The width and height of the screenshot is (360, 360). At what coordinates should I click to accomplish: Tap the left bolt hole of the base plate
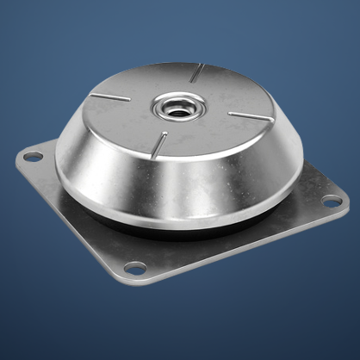[x=32, y=156]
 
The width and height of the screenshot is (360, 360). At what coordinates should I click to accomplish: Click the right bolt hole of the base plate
[x=332, y=202]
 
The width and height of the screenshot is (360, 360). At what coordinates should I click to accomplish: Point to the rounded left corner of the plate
[x=19, y=158]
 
